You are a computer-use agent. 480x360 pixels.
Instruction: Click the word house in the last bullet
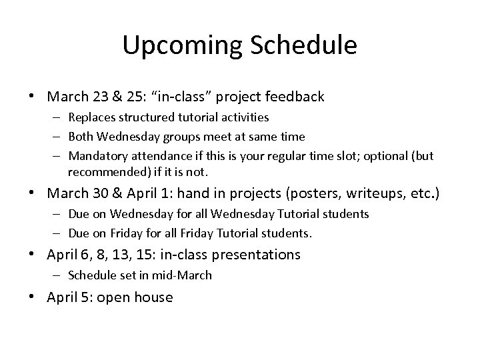point(155,297)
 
